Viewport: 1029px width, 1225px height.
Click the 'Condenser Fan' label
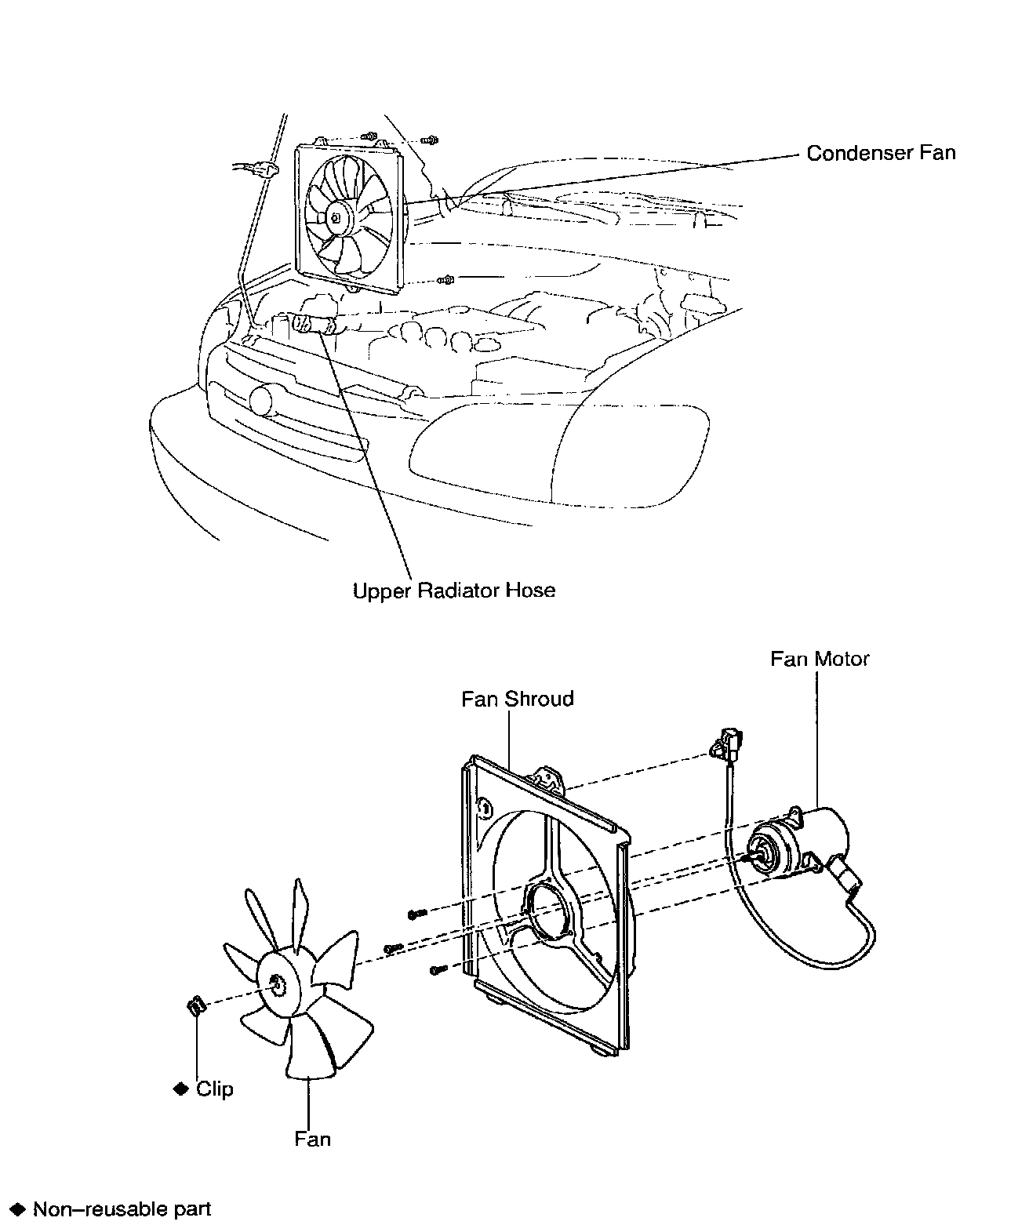click(881, 153)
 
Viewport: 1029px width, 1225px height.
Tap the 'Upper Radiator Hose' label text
click(454, 590)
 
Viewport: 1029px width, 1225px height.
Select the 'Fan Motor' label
click(820, 659)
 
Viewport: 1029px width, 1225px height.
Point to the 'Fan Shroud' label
click(518, 699)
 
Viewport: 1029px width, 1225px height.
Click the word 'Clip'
click(215, 1089)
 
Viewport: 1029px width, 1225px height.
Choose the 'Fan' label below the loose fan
click(312, 1138)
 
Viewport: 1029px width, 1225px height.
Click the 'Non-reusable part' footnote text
click(122, 1209)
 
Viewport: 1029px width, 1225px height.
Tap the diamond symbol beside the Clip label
click(182, 1089)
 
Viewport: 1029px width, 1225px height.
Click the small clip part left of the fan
click(194, 1005)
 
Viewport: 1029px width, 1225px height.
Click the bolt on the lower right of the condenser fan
click(446, 279)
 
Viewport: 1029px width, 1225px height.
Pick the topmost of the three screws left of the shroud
click(416, 914)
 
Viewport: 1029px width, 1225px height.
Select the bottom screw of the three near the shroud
click(438, 970)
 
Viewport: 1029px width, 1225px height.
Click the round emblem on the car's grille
click(260, 400)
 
